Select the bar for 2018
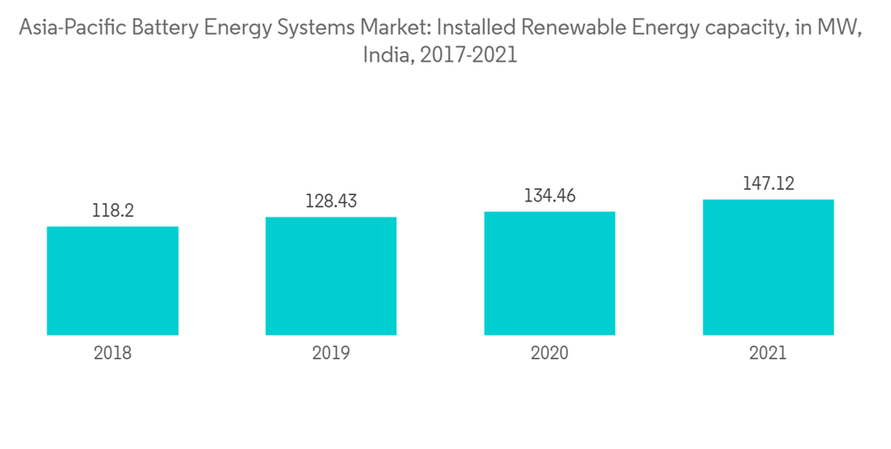click(x=112, y=281)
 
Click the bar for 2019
click(x=331, y=276)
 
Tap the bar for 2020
click(x=550, y=273)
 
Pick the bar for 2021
click(x=768, y=267)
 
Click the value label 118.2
click(x=112, y=211)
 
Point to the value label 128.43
click(x=331, y=201)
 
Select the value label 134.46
click(x=550, y=196)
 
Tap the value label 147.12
click(x=768, y=184)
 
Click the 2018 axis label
click(x=112, y=353)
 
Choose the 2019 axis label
click(x=331, y=353)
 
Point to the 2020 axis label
click(x=550, y=353)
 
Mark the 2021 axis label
click(x=768, y=353)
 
